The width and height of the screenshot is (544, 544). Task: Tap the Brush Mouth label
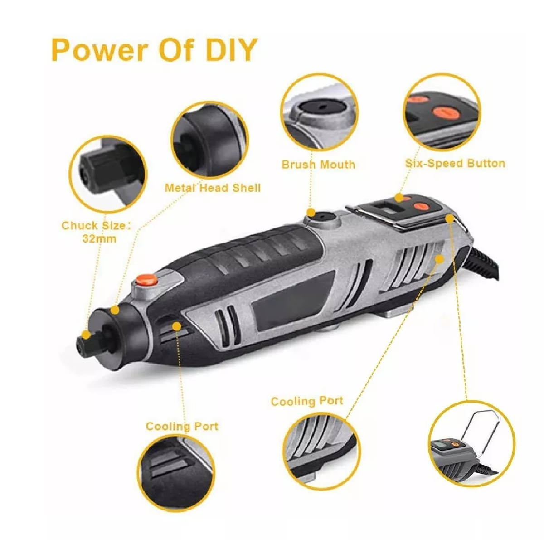click(x=318, y=164)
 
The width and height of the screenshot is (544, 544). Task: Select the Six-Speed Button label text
click(x=455, y=163)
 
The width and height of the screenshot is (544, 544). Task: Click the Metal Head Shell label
click(x=212, y=187)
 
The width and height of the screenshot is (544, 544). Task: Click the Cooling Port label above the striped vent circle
click(x=307, y=401)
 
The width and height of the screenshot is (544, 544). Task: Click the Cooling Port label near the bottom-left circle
click(x=182, y=426)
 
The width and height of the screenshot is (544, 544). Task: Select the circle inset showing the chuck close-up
click(x=107, y=175)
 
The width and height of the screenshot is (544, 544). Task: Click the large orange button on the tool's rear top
click(x=422, y=207)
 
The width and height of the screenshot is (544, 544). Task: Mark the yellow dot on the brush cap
click(x=311, y=212)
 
